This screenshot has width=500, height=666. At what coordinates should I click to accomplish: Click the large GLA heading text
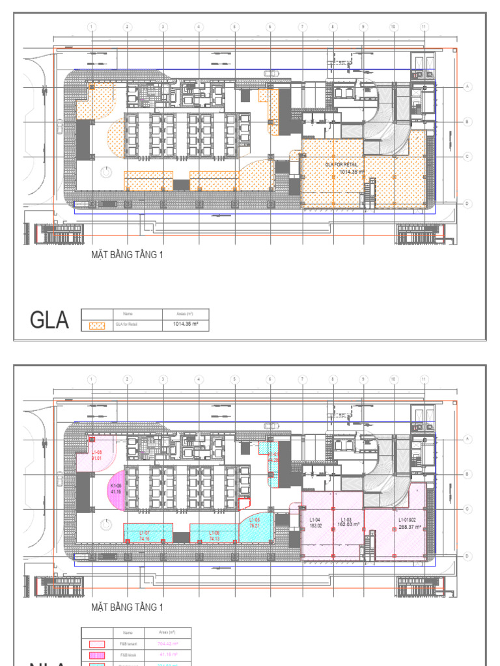(x=49, y=320)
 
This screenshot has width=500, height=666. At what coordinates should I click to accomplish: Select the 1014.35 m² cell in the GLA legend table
(x=186, y=323)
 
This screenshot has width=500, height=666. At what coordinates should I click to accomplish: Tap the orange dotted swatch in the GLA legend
(x=96, y=326)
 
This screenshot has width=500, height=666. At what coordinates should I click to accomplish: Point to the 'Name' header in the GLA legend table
(x=128, y=313)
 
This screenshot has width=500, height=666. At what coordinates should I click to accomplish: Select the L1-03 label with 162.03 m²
(x=346, y=522)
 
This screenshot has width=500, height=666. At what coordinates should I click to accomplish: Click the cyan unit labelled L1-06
(x=214, y=535)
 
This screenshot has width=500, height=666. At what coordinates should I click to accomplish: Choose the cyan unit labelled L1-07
(x=144, y=535)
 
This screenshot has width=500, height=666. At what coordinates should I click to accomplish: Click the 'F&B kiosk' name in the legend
(x=128, y=654)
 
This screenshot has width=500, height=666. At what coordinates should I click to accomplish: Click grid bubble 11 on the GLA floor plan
(x=424, y=27)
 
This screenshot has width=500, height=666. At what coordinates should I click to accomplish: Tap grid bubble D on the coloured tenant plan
(x=467, y=556)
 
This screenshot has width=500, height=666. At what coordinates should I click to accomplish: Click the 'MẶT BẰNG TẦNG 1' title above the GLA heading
(x=127, y=255)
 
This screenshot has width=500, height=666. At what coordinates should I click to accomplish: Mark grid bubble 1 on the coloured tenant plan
(x=92, y=379)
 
